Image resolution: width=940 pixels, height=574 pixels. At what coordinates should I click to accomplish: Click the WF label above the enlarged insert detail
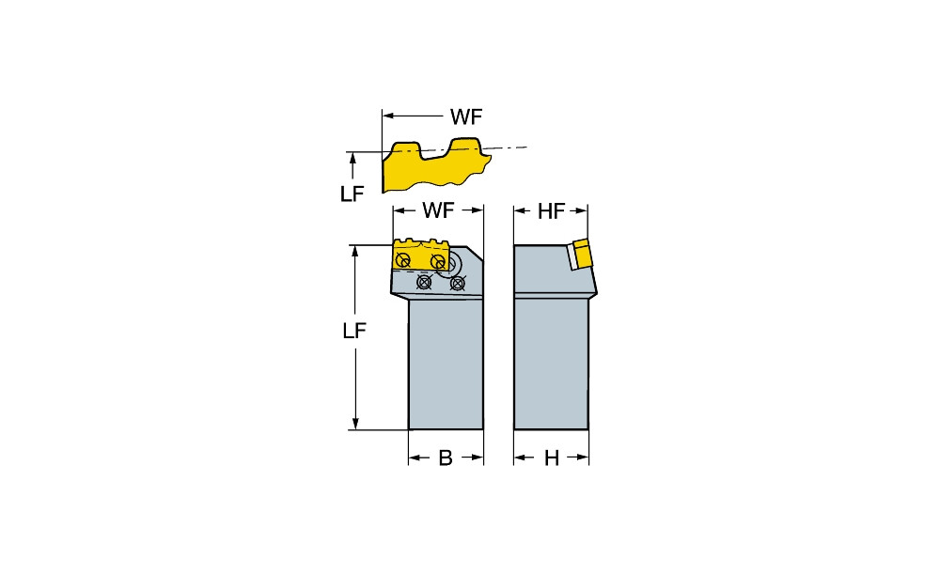point(466,116)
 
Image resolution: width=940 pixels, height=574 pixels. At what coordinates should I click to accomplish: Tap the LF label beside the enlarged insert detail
point(352,194)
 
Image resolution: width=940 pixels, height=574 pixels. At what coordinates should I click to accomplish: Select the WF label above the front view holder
point(438,210)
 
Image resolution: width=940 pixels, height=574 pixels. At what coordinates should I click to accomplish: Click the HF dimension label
point(551,211)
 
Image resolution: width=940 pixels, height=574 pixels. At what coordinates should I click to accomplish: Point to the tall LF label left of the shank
point(353,330)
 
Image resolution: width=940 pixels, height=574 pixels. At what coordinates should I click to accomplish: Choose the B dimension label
point(445,458)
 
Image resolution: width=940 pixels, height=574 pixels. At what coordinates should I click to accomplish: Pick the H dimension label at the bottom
point(551,458)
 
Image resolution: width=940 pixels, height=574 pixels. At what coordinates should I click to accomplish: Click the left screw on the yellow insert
point(403,260)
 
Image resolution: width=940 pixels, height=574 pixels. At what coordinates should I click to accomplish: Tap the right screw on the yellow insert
point(438,262)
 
